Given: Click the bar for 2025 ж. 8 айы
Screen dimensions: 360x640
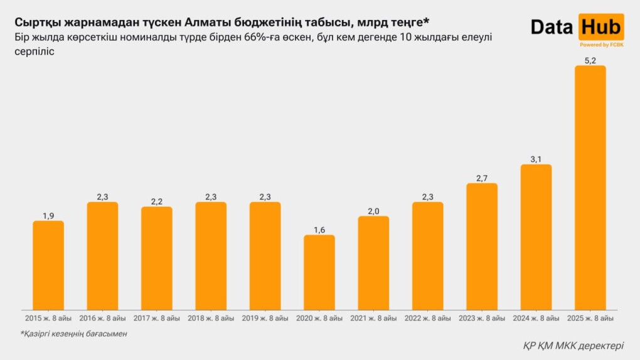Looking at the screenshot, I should pyautogui.click(x=590, y=188).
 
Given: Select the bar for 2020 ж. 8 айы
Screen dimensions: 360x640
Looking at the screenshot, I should pyautogui.click(x=319, y=272).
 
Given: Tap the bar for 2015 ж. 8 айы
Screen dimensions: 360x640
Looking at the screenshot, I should pyautogui.click(x=48, y=265).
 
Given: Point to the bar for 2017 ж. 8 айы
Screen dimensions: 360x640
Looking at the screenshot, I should pyautogui.click(x=157, y=258).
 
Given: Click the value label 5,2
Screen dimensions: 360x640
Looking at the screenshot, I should pyautogui.click(x=590, y=60).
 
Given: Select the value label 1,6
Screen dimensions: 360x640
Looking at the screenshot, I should pyautogui.click(x=319, y=230).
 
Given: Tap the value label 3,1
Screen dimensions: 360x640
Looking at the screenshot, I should pyautogui.click(x=536, y=159).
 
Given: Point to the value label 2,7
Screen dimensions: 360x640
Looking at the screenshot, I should pyautogui.click(x=482, y=178).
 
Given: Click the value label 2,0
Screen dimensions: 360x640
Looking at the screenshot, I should pyautogui.click(x=373, y=211).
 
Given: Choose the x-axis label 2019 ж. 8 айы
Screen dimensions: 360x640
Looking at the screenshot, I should pyautogui.click(x=265, y=318).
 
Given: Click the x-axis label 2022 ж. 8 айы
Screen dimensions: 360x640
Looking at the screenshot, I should pyautogui.click(x=427, y=318).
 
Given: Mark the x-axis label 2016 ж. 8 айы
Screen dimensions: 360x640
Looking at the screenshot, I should pyautogui.click(x=102, y=318).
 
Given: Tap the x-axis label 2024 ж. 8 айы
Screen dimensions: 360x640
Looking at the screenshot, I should pyautogui.click(x=536, y=318).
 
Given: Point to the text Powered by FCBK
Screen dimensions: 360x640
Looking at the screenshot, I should pyautogui.click(x=601, y=45).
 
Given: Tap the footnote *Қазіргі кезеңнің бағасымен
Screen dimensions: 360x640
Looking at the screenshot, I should pyautogui.click(x=73, y=334).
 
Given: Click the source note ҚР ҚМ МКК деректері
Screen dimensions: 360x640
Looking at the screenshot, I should pyautogui.click(x=573, y=346).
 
